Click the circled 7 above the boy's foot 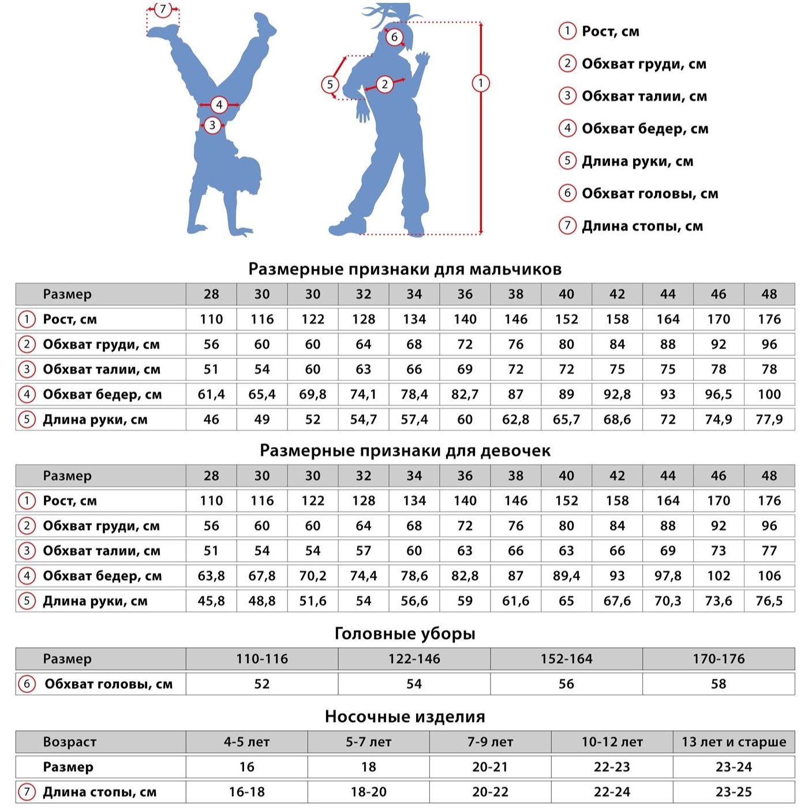pyautogui.click(x=163, y=10)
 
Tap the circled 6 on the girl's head pyautogui.click(x=394, y=38)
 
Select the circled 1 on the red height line pyautogui.click(x=481, y=83)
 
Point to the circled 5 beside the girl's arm pyautogui.click(x=330, y=85)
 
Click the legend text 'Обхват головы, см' pyautogui.click(x=649, y=193)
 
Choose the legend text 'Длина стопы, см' pyautogui.click(x=642, y=226)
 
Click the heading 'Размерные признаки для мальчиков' pyautogui.click(x=405, y=269)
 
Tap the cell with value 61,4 pyautogui.click(x=211, y=394)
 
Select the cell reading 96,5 pyautogui.click(x=718, y=394)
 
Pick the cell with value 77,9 pyautogui.click(x=769, y=420)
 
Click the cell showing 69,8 pyautogui.click(x=312, y=394)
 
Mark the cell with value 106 pyautogui.click(x=769, y=575)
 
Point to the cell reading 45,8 pyautogui.click(x=211, y=601)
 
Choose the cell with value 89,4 pyautogui.click(x=566, y=575)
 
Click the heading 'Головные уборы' pyautogui.click(x=405, y=634)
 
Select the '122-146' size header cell pyautogui.click(x=414, y=659)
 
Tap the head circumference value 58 pyautogui.click(x=718, y=684)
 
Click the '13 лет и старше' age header pyautogui.click(x=734, y=742)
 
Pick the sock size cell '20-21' pyautogui.click(x=489, y=767)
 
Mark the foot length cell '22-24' pyautogui.click(x=612, y=792)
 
